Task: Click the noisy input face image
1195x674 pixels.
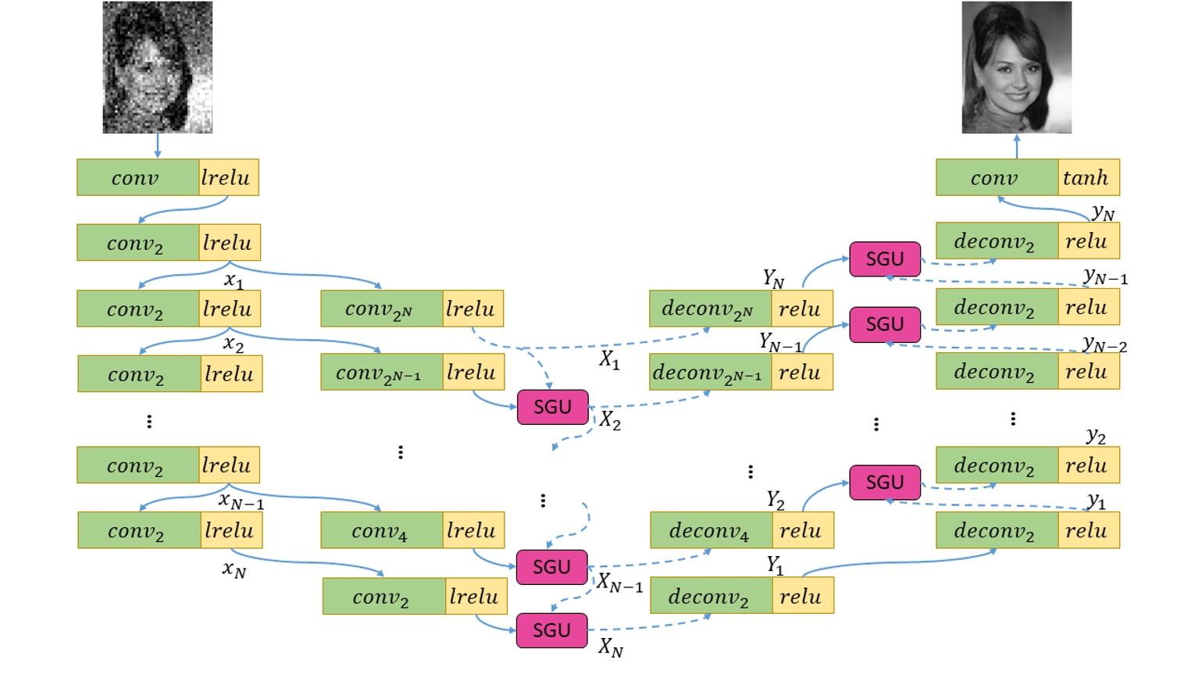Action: click(x=157, y=67)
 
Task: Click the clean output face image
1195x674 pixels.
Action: click(x=1016, y=67)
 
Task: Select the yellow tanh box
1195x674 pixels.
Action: click(x=1089, y=177)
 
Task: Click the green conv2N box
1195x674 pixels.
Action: click(x=382, y=308)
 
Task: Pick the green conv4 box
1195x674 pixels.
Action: click(x=382, y=530)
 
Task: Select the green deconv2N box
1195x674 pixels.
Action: click(x=710, y=308)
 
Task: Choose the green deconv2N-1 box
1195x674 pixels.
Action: click(x=710, y=373)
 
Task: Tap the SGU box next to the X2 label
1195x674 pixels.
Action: click(x=552, y=407)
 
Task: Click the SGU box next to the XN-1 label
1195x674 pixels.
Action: click(x=551, y=567)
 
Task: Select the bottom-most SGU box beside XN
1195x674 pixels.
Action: click(x=551, y=630)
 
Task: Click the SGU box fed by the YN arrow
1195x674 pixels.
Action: click(x=884, y=259)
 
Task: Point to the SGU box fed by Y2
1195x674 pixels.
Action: click(x=884, y=483)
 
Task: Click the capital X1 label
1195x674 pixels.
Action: click(x=609, y=360)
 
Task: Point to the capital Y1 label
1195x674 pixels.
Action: click(x=775, y=565)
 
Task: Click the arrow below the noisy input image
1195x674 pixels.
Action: click(x=158, y=146)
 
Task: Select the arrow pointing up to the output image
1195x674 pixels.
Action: click(x=1016, y=146)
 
